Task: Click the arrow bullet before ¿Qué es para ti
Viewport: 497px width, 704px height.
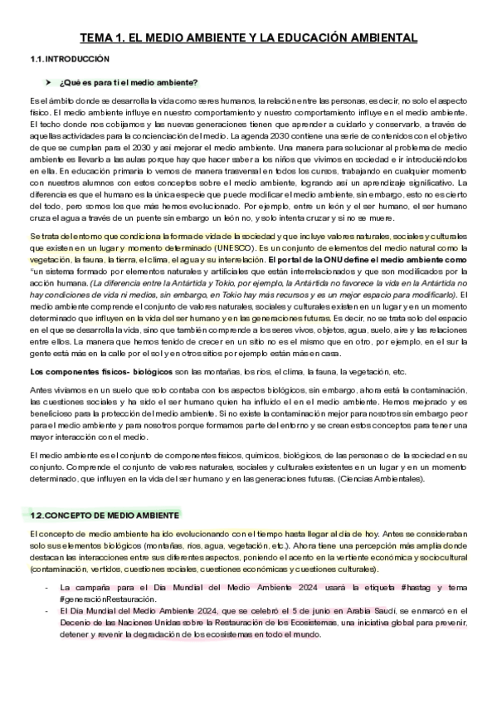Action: [x=48, y=81]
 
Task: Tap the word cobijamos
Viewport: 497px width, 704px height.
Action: [x=117, y=123]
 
